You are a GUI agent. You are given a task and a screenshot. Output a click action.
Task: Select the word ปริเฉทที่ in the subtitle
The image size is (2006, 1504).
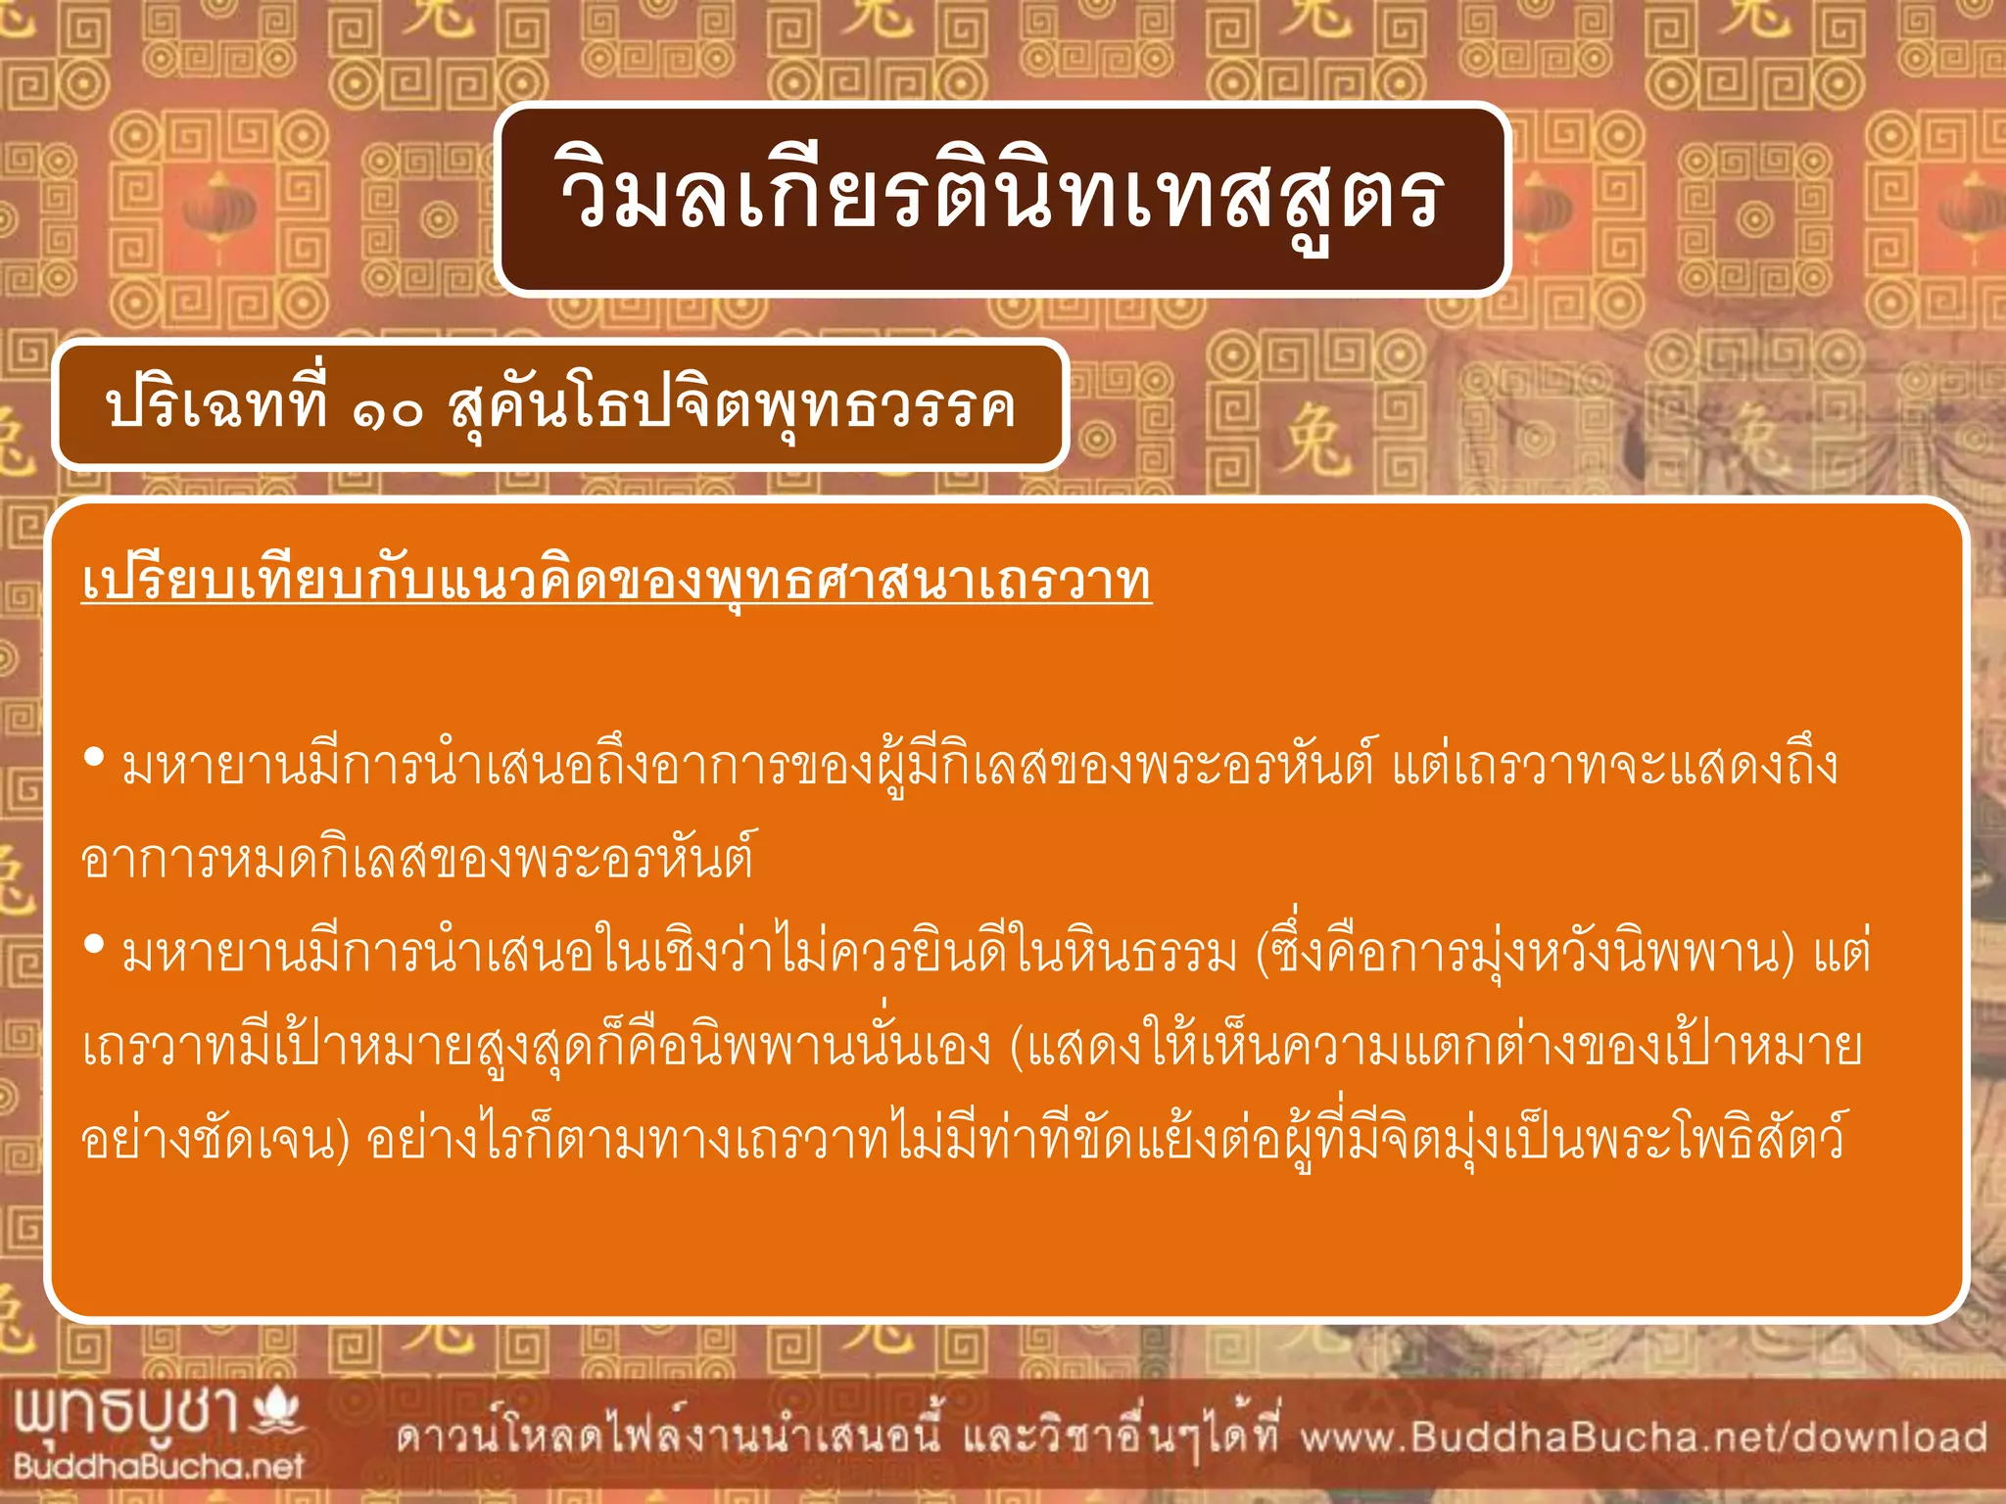216,403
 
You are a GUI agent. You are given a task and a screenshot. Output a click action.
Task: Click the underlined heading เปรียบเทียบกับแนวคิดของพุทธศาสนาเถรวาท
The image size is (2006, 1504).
616,582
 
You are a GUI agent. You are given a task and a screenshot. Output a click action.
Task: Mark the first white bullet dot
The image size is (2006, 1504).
95,757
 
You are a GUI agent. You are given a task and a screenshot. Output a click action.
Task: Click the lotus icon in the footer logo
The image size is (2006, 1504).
278,1410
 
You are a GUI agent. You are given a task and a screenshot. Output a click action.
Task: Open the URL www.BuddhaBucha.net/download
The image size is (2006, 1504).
1644,1437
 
